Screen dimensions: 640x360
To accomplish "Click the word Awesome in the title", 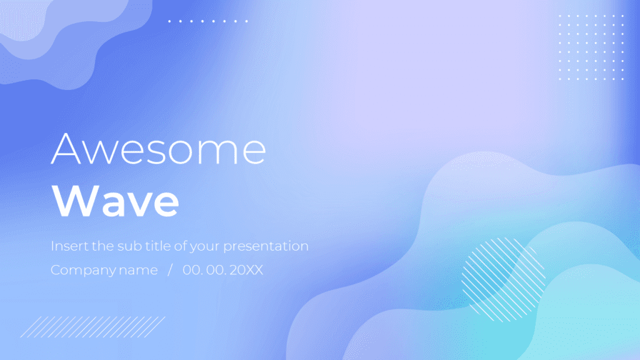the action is (158, 149).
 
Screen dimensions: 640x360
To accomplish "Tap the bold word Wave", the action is (116, 201).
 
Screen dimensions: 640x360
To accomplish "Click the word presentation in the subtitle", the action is (266, 246).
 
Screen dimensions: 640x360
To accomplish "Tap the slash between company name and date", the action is (170, 270).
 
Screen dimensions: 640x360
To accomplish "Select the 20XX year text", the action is (246, 270).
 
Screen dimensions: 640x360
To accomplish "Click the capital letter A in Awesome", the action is (66, 149).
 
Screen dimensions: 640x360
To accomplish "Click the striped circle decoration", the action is (503, 279).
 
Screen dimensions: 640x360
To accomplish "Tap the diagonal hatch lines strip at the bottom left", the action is (93, 327).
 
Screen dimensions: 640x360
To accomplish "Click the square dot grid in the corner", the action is (591, 47).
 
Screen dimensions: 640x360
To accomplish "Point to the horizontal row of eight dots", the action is (208, 21).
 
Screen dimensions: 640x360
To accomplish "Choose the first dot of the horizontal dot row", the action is (169, 21).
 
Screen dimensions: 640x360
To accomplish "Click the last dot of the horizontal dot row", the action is (246, 21).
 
